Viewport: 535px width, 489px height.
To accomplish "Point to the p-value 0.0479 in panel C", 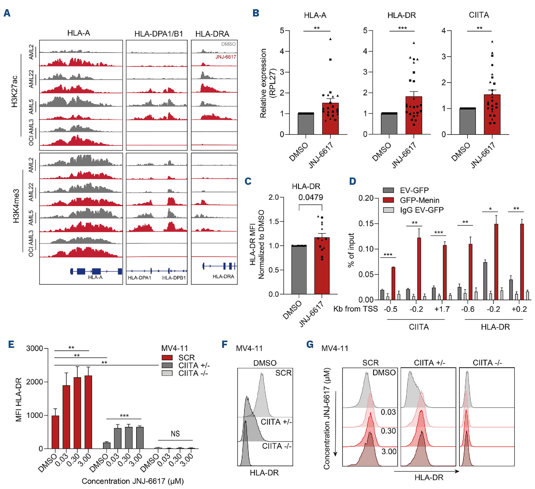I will click(311, 197).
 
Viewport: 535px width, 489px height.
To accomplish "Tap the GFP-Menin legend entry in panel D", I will click(419, 200).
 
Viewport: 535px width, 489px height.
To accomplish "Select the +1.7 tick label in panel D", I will click(442, 309).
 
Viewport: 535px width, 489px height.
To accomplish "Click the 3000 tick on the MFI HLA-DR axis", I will click(35, 348).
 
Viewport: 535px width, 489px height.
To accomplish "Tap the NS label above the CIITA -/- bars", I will click(175, 434).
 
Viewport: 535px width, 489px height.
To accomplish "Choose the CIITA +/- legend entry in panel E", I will click(194, 365).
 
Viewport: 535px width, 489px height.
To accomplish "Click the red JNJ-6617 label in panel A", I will click(226, 57).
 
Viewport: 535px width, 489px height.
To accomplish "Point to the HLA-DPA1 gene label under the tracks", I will click(139, 278).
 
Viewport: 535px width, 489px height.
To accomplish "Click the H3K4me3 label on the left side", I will click(16, 206).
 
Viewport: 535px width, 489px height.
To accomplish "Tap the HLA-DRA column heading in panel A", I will click(212, 34).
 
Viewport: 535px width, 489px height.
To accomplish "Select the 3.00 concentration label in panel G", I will click(388, 452).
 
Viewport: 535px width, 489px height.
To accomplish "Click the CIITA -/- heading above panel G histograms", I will click(487, 363).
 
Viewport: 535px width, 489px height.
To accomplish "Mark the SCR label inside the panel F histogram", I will click(283, 373).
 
